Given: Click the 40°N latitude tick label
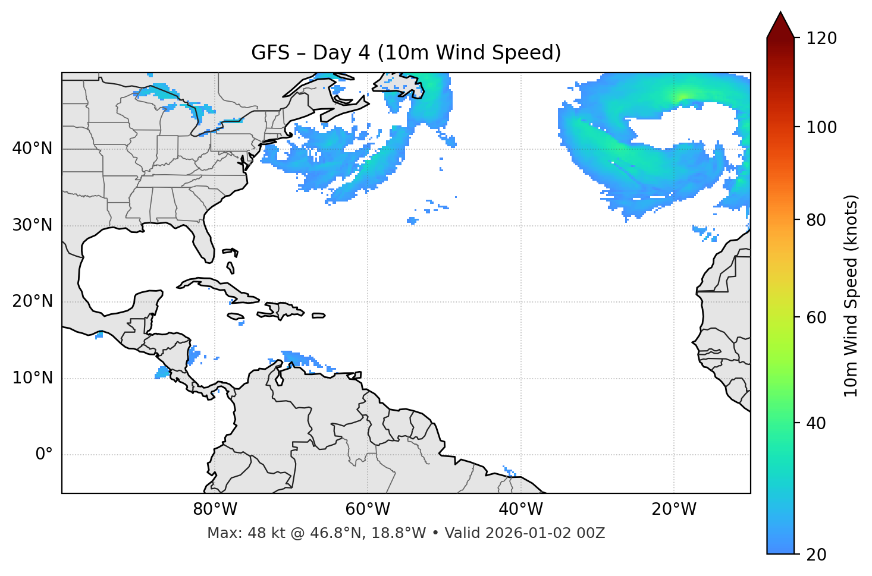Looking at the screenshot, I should click(x=33, y=149).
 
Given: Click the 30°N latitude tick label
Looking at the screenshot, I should click(x=33, y=225).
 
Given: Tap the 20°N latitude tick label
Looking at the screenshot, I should click(x=33, y=301).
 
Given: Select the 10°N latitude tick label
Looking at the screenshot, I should click(x=33, y=378).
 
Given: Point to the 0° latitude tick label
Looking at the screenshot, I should click(x=44, y=455).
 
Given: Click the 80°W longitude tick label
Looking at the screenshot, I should click(x=215, y=509).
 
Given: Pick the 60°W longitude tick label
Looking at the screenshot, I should click(x=368, y=509).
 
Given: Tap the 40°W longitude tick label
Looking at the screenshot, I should click(x=520, y=509).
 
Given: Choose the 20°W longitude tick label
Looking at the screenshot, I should click(x=674, y=509).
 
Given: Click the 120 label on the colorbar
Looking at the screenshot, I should click(x=821, y=38).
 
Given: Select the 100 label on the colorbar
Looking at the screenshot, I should click(x=821, y=127).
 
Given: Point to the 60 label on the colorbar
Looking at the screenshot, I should click(x=817, y=317).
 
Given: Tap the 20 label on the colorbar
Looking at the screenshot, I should click(x=817, y=555).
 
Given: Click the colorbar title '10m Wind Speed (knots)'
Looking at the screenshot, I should click(x=851, y=295).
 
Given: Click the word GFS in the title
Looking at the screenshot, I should click(x=270, y=53).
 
